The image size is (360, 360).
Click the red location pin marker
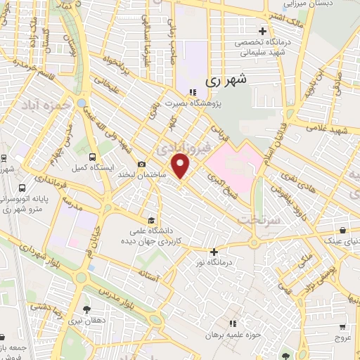tap(182, 166)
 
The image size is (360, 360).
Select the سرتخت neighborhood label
tap(259, 220)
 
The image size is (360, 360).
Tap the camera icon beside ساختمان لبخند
tap(142, 163)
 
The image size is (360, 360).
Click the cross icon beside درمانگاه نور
tap(214, 252)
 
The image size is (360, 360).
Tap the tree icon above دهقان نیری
tap(86, 309)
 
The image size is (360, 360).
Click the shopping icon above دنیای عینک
tap(342, 230)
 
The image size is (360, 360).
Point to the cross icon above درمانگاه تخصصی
tap(262, 31)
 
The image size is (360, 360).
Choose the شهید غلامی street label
tap(333, 131)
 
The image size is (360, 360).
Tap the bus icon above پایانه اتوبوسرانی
tap(22, 188)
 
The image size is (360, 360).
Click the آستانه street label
tap(152, 276)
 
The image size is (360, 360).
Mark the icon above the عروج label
tap(342, 327)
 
